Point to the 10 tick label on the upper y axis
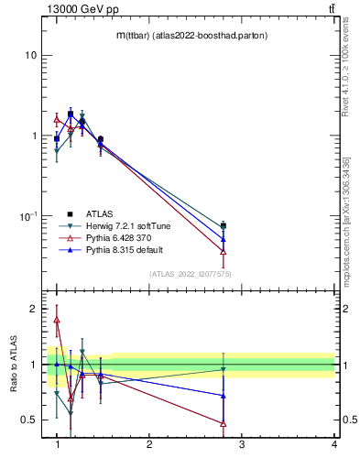pos(30,55)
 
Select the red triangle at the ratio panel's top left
pos(57,320)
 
